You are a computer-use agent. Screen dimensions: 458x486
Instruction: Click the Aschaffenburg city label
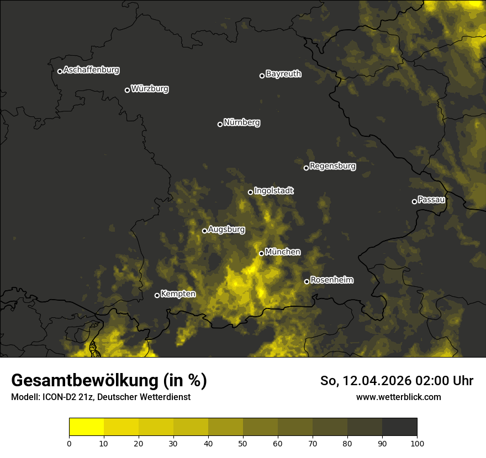point(91,70)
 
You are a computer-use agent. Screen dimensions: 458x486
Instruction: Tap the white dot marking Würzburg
point(127,90)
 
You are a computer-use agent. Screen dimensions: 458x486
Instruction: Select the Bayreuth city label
point(283,74)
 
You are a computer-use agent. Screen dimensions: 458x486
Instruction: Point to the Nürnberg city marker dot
point(220,124)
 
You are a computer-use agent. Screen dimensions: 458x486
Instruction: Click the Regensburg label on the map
point(332,166)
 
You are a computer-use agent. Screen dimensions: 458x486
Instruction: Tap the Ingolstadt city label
point(274,191)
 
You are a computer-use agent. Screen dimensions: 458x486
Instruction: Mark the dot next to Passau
point(414,201)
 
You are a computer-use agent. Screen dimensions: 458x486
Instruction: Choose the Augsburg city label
point(226,230)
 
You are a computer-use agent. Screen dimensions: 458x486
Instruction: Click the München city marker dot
point(261,254)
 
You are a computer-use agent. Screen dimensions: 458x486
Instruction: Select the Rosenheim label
point(331,280)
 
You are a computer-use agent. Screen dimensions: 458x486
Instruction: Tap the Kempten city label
point(178,294)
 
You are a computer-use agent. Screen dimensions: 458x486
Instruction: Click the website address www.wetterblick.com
point(398,397)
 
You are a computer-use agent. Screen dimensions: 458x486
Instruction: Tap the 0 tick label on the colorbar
point(69,443)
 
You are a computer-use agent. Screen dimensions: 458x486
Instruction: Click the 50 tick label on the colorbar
point(243,443)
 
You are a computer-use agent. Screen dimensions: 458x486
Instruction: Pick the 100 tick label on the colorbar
point(417,443)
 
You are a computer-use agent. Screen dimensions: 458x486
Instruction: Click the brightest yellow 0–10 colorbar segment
point(86,427)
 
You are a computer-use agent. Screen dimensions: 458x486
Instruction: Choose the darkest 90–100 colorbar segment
point(399,427)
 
